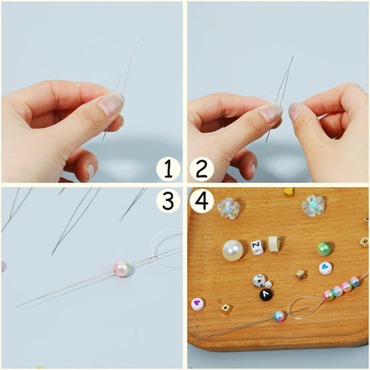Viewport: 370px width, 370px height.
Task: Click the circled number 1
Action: point(168,168)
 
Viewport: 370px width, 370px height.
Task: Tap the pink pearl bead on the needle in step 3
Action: point(122,268)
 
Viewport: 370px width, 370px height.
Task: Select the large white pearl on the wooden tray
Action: point(233,250)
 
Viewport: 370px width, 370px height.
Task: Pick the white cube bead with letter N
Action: point(257,246)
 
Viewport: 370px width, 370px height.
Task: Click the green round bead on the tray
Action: point(325,248)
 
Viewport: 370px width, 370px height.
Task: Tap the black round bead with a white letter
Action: point(267,294)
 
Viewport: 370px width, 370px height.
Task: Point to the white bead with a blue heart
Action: point(325,268)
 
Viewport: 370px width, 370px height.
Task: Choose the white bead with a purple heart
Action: point(197,304)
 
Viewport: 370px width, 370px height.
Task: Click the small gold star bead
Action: point(301,274)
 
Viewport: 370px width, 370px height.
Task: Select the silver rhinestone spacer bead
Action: point(259,281)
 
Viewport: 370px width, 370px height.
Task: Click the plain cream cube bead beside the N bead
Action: point(274,243)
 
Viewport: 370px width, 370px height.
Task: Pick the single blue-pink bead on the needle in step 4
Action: point(279,316)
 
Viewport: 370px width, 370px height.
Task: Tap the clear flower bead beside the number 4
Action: point(228,208)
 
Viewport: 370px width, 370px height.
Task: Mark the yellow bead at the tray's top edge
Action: point(288,191)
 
